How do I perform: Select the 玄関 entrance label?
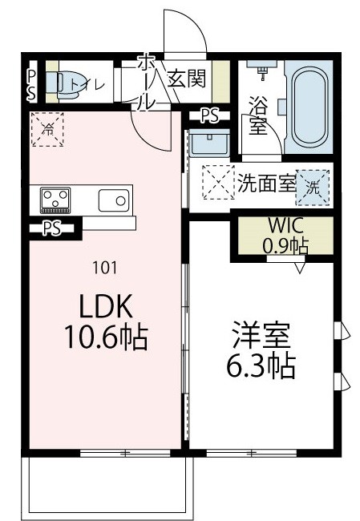(x=186, y=79)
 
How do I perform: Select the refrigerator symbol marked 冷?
(x=47, y=128)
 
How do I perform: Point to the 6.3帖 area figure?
(x=258, y=367)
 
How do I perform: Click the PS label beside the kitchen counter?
(x=52, y=228)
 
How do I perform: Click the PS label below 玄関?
(x=209, y=115)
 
